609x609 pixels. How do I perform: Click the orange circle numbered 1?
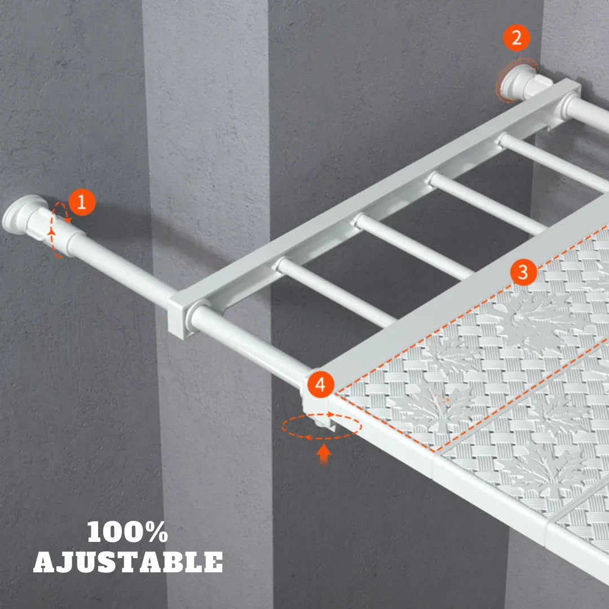[82, 202]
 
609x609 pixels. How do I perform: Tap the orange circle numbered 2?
[517, 38]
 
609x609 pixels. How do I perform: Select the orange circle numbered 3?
[523, 272]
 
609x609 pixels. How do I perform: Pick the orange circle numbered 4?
[320, 385]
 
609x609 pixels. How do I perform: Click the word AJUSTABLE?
[128, 562]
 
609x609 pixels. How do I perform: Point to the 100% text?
[128, 532]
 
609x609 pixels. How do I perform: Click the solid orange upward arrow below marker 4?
[323, 454]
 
